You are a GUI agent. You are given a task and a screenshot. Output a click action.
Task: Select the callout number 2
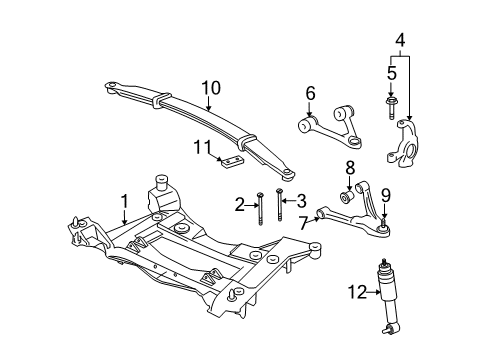click(240, 204)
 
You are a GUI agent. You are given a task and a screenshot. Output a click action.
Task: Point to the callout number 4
click(400, 41)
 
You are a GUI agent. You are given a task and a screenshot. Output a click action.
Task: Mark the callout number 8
click(351, 167)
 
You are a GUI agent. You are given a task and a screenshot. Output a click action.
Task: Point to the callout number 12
click(353, 292)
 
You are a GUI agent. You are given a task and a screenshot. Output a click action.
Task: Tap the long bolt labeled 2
click(260, 210)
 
